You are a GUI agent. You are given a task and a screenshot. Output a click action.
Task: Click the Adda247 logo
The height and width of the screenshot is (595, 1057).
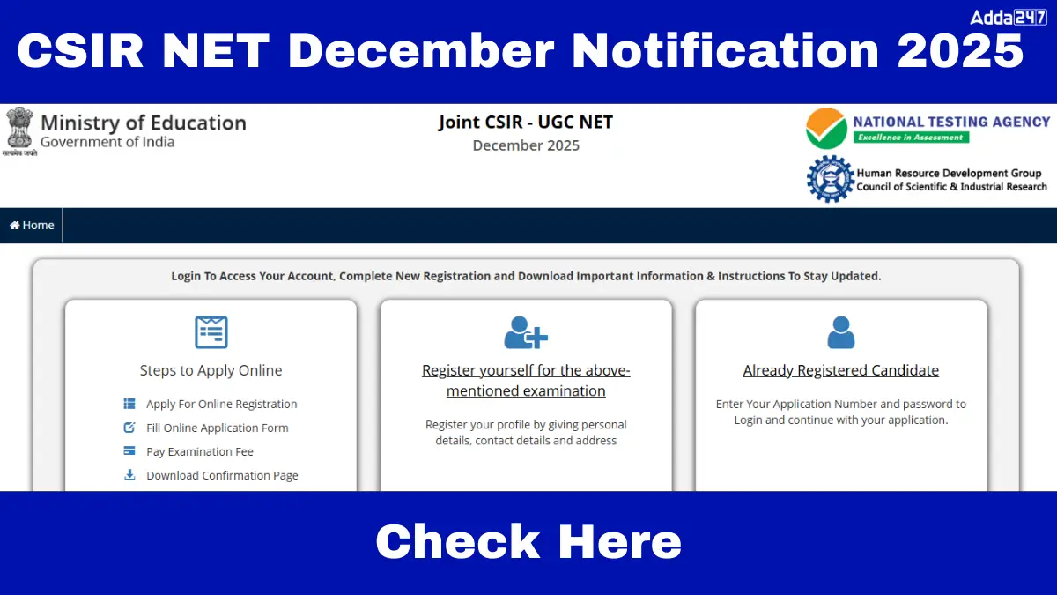[1009, 18]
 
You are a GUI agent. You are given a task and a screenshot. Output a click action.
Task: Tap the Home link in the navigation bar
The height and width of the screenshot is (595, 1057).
[32, 226]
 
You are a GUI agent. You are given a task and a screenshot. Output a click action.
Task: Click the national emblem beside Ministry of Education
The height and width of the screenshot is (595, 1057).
[19, 131]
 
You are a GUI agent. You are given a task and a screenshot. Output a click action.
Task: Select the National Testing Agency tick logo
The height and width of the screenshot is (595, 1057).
[826, 129]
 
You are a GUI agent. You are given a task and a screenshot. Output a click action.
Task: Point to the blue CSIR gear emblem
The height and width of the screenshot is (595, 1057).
[830, 179]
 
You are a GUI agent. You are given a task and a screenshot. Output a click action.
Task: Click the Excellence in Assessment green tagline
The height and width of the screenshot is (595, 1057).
[911, 138]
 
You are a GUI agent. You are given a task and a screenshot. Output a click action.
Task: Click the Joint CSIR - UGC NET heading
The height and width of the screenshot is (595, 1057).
[526, 123]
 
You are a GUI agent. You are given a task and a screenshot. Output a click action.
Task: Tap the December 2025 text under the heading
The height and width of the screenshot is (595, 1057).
[526, 145]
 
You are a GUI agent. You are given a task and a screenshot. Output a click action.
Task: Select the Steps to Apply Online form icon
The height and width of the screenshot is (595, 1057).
[211, 332]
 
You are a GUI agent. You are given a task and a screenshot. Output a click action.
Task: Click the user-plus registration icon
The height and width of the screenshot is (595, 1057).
[526, 332]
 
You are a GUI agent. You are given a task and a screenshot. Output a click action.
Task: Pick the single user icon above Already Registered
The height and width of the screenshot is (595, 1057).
[841, 332]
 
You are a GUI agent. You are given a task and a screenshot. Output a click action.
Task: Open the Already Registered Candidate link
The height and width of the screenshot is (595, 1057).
[841, 370]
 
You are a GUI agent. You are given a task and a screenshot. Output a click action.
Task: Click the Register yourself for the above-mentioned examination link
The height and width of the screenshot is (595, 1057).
[526, 381]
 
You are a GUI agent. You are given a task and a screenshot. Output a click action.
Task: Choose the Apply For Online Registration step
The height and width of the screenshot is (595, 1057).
[221, 405]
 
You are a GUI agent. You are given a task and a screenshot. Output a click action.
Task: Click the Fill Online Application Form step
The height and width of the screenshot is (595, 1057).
[217, 428]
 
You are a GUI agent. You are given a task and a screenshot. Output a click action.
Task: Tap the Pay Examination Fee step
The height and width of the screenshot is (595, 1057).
[200, 452]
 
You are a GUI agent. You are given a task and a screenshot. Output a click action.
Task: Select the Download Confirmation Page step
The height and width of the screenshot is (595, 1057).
[222, 475]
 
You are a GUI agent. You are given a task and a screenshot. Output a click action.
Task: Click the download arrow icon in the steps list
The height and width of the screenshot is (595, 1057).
[129, 475]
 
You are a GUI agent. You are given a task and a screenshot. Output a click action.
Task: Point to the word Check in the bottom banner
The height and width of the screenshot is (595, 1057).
[457, 541]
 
